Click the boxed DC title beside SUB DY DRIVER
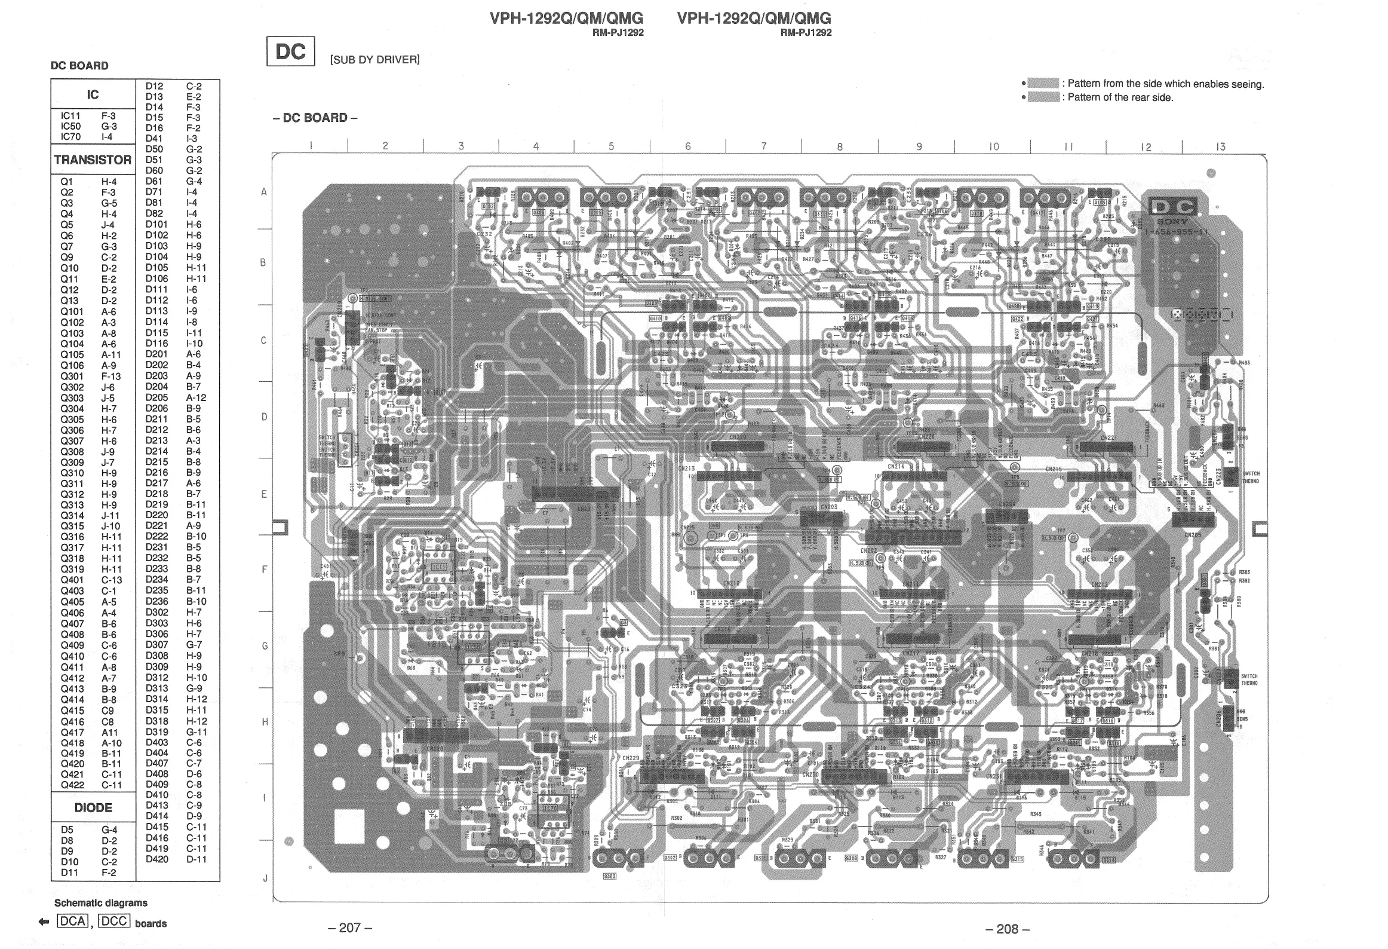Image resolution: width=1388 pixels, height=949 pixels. coord(290,52)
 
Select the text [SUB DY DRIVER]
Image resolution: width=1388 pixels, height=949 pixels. coord(375,60)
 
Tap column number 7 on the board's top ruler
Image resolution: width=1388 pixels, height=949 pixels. coord(764,146)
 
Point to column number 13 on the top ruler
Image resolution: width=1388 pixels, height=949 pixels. coord(1220,146)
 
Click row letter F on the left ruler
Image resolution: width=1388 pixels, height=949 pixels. coord(265,570)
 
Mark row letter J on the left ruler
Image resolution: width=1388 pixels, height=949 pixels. coord(265,878)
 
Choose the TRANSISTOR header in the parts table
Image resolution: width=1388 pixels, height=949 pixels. coord(93,160)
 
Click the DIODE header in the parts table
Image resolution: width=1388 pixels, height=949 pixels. coord(93,808)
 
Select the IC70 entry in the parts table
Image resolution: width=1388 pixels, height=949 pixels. coord(70,137)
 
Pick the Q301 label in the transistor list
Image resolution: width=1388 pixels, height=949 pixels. coord(72,376)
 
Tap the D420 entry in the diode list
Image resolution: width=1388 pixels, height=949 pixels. coord(157,859)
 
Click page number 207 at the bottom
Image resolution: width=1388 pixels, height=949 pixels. coord(350,928)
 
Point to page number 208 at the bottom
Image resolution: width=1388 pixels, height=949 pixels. coord(1008,929)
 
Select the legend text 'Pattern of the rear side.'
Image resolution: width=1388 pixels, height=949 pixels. coord(1120,97)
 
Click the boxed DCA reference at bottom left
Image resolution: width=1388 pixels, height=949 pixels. coord(72,921)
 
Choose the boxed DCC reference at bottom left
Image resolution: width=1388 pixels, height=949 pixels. coord(113,921)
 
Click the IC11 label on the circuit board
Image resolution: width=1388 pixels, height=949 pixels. coord(438,566)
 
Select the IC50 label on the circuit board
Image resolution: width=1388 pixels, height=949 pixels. coord(472,648)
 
